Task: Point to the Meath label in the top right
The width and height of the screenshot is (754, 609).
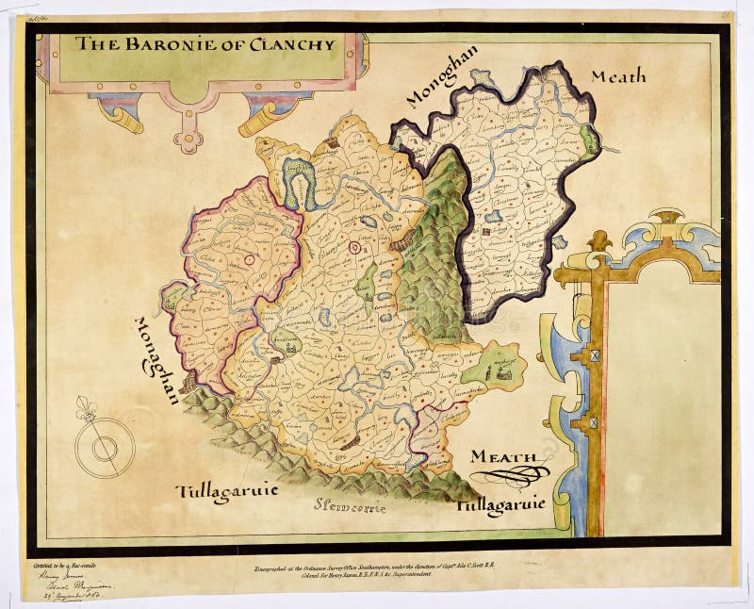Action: [618, 76]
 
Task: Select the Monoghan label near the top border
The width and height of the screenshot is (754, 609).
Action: [442, 76]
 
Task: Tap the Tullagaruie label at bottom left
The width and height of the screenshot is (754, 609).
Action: [226, 492]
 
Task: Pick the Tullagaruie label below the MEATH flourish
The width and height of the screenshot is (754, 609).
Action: [500, 505]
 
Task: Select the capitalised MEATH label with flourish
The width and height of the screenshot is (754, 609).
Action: [504, 457]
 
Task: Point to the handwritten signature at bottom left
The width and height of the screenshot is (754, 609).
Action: [59, 580]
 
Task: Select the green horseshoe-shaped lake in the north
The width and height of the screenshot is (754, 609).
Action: [300, 179]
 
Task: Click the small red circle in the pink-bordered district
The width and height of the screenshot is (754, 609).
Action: [251, 258]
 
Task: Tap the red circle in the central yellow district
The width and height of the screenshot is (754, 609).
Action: [355, 248]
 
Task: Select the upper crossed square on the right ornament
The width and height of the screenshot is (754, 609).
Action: [595, 356]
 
